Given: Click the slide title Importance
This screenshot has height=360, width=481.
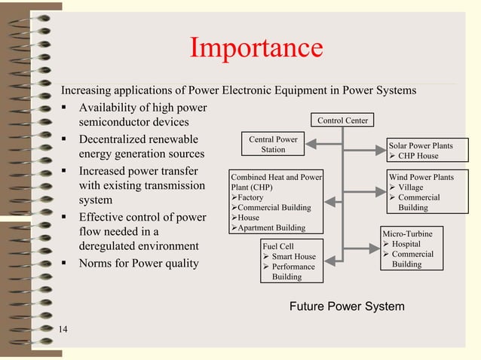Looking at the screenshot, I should (256, 49).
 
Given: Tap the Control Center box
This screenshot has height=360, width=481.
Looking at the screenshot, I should (342, 121).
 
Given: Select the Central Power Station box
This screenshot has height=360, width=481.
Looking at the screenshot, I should (273, 144).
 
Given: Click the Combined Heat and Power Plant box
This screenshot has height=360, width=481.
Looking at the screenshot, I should (276, 202).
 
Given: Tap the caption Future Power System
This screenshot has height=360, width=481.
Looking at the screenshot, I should (347, 307).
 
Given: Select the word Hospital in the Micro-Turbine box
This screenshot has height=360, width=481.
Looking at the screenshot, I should (406, 244).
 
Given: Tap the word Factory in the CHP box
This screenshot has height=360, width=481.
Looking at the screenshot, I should (250, 197).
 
